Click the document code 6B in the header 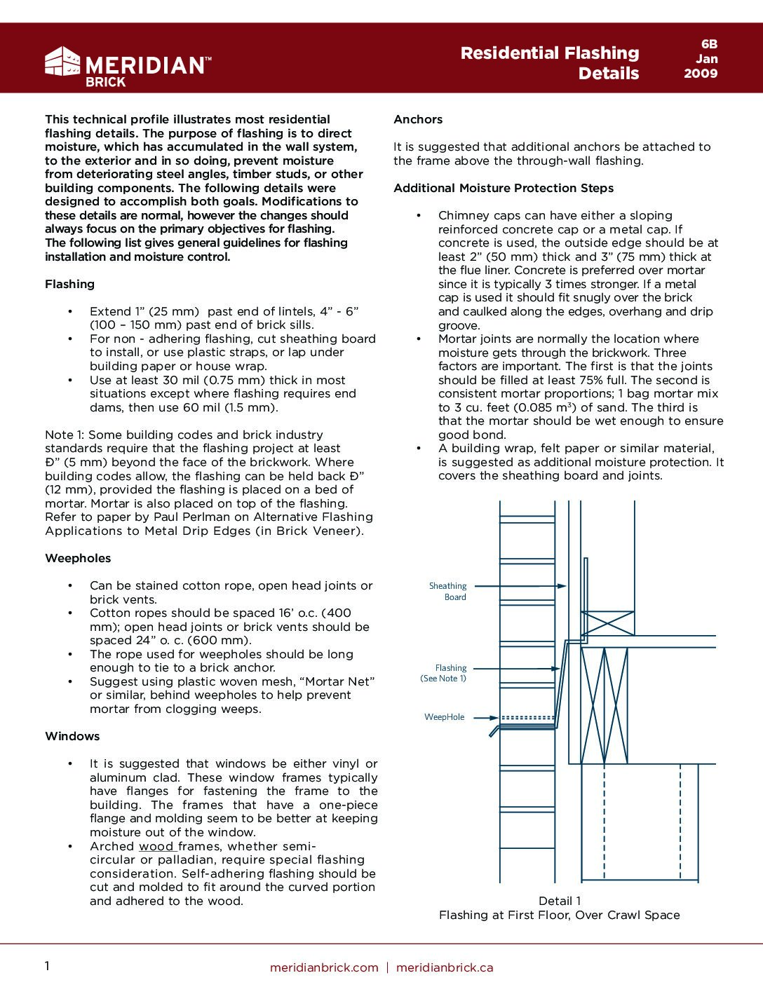click(x=709, y=44)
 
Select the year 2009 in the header click(x=701, y=74)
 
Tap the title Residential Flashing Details click(x=550, y=63)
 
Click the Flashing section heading click(x=69, y=284)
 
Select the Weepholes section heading click(x=78, y=558)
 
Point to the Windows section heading click(x=72, y=736)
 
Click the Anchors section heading click(x=418, y=119)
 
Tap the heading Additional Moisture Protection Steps click(x=504, y=188)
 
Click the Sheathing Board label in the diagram click(x=447, y=591)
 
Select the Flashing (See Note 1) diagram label click(x=444, y=673)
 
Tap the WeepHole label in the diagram click(x=444, y=717)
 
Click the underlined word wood click(x=157, y=846)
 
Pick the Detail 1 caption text click(x=560, y=901)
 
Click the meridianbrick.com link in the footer click(x=324, y=967)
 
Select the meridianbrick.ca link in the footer click(x=445, y=967)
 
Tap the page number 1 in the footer click(x=47, y=967)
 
